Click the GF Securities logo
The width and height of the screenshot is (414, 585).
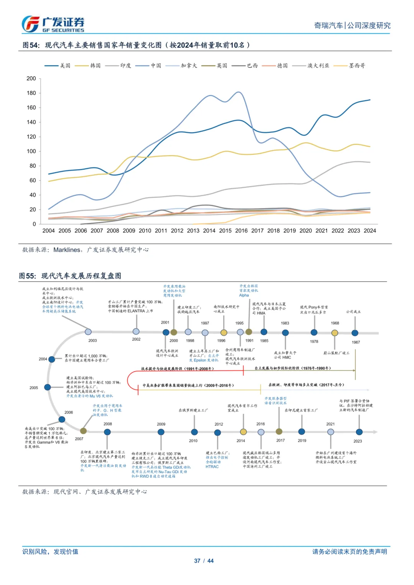53,24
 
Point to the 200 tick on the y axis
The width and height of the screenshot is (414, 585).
31,79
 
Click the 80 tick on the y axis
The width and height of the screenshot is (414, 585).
33,166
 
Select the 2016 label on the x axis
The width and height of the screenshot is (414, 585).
241,231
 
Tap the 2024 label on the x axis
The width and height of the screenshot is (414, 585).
370,231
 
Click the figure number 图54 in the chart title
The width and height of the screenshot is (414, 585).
31,45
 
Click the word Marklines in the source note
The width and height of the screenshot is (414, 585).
67,250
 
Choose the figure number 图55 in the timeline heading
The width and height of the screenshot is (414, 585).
27,276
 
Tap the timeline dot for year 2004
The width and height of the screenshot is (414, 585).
52,359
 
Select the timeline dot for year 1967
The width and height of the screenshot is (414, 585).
355,333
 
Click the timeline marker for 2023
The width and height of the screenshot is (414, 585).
359,432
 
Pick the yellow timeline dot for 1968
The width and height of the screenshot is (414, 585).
335,333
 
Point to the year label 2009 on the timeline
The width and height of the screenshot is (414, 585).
161,424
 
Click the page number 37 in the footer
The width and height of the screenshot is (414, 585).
197,561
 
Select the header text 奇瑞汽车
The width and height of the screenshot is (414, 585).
329,26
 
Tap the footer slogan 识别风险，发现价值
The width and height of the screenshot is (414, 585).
50,552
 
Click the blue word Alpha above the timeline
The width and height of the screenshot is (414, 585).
244,295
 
